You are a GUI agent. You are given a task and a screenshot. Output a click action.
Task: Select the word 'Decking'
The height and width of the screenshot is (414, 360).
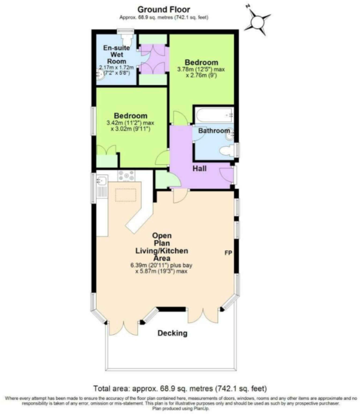coord(172,334)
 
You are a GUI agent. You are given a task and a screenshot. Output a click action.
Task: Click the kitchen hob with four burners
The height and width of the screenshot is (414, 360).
coord(127,175)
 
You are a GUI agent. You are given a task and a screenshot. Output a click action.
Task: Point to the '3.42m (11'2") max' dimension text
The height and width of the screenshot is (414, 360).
coord(130,123)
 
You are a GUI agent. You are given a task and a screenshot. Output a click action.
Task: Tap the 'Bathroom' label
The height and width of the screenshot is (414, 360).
coord(213,130)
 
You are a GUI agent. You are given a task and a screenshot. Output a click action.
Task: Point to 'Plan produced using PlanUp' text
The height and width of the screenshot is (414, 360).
coord(180,409)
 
